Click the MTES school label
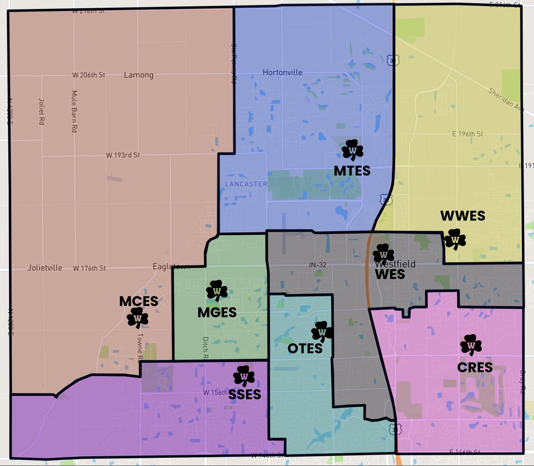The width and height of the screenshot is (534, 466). coord(352,171)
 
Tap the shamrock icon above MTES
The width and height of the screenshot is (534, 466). coord(352,150)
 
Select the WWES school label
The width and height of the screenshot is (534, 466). coord(463,216)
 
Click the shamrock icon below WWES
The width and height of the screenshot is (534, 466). coord(455,240)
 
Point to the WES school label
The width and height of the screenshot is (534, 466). coord(390,274)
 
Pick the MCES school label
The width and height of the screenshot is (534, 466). coord(139,301)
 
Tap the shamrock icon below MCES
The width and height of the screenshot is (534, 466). coord(138,318)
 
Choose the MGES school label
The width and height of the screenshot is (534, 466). coord(217,313)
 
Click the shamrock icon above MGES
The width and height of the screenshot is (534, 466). coord(217,291)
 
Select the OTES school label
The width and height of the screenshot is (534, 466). coord(305,349)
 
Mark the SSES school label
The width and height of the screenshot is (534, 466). coord(245,395)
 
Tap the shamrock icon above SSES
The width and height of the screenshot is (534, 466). coord(244,377)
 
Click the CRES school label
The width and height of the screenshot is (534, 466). coord(475,368)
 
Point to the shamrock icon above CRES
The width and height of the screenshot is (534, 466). coord(471,345)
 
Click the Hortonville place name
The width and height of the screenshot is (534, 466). coord(283,72)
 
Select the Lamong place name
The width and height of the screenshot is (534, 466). coord(138,75)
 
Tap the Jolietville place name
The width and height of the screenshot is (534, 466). coord(45,268)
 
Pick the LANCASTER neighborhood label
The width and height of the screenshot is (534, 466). coord(246,184)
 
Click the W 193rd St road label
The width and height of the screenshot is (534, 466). coord(123,155)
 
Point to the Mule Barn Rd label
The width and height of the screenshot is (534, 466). coord(74,111)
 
